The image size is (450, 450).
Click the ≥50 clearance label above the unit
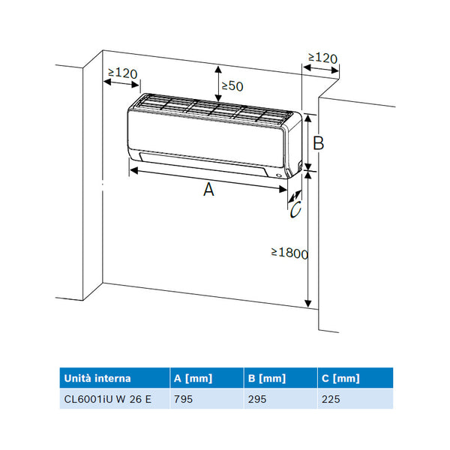[x=232, y=86]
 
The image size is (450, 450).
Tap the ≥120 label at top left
[x=122, y=73]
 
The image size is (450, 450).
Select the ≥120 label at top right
[x=322, y=58]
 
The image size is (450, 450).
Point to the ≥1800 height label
[x=289, y=253]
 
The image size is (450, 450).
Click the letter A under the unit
[x=209, y=190]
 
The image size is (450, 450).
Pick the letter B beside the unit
[x=318, y=142]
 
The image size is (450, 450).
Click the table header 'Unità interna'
[x=97, y=378]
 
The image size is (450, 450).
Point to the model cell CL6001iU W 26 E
[x=108, y=399]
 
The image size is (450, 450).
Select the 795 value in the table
[x=183, y=399]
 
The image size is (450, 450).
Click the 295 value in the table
[x=257, y=399]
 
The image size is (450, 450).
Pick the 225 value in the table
[x=331, y=399]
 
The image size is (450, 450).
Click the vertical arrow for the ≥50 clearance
[x=217, y=80]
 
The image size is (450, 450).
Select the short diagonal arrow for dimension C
[x=293, y=196]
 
